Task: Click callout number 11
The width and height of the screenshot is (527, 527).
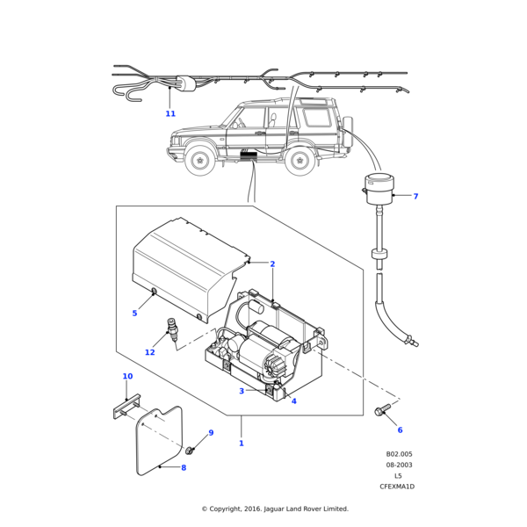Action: [x=170, y=113]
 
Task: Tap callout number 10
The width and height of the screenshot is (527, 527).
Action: [x=127, y=376]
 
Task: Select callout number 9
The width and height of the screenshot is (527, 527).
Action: [x=211, y=433]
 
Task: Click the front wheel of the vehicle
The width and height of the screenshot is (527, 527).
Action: [x=201, y=161]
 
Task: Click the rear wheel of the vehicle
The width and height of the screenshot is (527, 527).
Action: [x=300, y=161]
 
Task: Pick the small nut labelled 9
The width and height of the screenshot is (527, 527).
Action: [x=189, y=450]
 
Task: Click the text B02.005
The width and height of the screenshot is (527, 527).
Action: [x=399, y=454]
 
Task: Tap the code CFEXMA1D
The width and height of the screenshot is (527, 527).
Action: [x=397, y=486]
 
